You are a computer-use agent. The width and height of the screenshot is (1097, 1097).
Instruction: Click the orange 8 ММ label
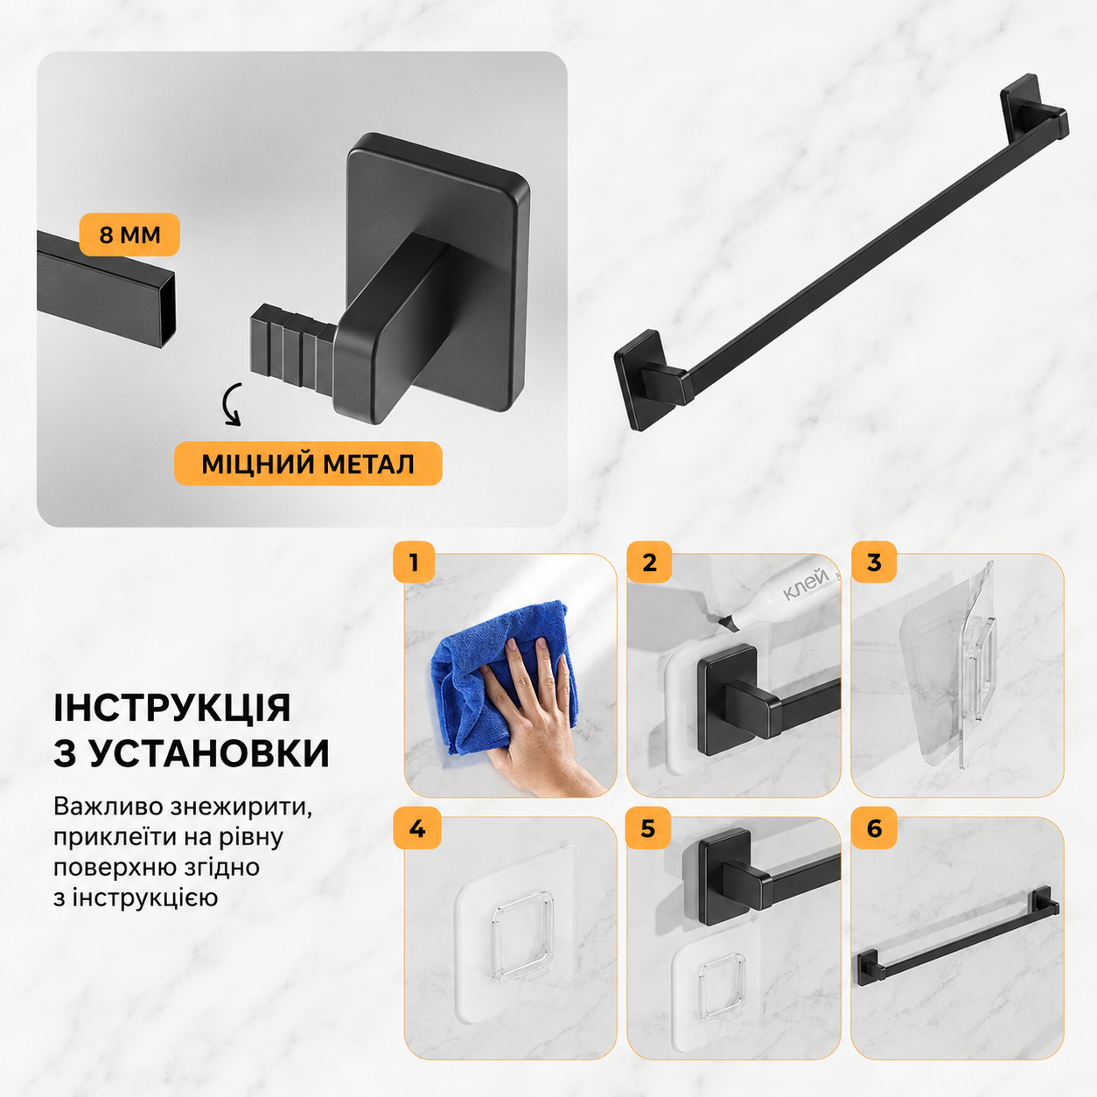tap(129, 234)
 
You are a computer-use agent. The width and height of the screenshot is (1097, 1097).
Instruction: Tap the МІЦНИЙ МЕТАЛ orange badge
tap(308, 464)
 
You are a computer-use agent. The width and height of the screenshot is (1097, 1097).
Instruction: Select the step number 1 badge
tap(414, 562)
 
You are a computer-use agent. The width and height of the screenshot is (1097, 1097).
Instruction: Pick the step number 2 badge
tap(649, 562)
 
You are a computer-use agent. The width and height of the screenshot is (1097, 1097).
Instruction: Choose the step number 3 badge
tap(874, 562)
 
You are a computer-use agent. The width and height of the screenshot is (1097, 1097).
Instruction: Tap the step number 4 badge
tap(416, 828)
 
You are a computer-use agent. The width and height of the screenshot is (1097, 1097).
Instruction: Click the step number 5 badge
tap(648, 828)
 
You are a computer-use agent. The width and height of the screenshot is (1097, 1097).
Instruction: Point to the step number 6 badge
tap(875, 828)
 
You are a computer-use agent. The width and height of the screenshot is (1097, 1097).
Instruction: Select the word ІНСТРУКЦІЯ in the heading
tap(172, 708)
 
